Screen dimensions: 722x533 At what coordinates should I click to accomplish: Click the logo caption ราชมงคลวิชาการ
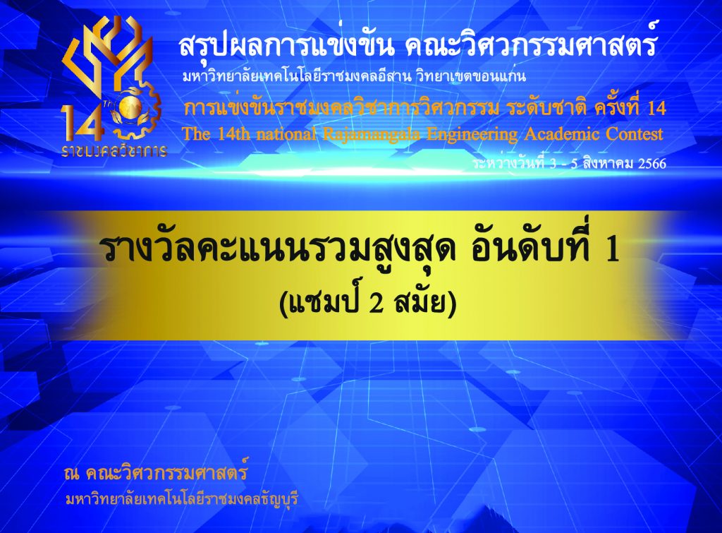[114, 150]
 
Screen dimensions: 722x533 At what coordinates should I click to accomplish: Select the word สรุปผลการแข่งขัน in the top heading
[286, 46]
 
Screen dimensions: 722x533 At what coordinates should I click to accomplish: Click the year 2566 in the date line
[652, 164]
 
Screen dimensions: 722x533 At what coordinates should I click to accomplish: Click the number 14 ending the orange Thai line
[656, 108]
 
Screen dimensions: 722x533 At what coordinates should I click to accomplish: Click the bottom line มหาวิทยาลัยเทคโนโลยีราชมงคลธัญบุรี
[183, 499]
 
